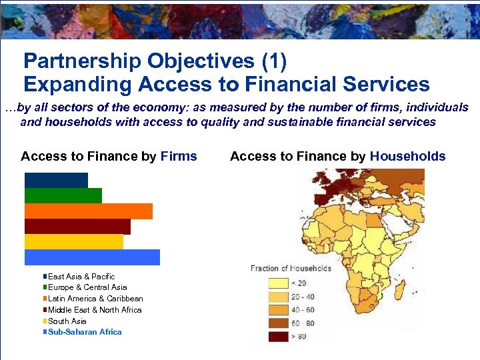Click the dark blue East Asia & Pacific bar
(x=56, y=180)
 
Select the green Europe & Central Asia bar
(x=63, y=195)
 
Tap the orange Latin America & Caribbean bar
(x=88, y=211)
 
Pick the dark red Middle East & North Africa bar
(x=77, y=226)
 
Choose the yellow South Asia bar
(x=73, y=241)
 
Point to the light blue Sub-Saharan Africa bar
(x=92, y=257)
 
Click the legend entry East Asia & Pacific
(x=81, y=277)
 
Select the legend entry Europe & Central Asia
(x=87, y=287)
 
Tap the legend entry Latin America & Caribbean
(x=95, y=299)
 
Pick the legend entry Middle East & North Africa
(x=95, y=310)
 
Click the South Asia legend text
(x=67, y=321)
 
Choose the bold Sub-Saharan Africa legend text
(x=85, y=332)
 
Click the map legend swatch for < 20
(x=278, y=283)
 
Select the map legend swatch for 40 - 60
(x=278, y=310)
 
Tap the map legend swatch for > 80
(x=278, y=337)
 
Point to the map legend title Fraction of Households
(x=291, y=269)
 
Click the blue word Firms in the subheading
(x=179, y=157)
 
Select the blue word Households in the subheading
(x=407, y=157)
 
